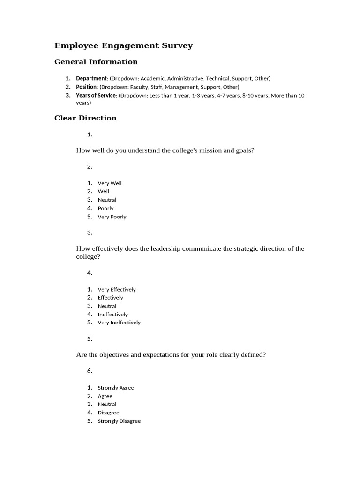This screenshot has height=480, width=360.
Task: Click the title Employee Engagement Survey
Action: click(123, 46)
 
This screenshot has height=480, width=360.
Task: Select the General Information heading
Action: click(96, 62)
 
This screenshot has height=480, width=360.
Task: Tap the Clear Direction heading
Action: click(85, 118)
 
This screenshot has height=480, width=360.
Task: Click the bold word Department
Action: click(91, 79)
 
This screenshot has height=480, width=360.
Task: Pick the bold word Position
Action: click(87, 87)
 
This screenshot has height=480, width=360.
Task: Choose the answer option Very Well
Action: click(110, 183)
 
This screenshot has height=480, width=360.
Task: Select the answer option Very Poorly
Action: click(112, 217)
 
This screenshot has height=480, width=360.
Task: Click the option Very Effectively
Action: click(117, 290)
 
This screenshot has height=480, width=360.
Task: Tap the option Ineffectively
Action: click(112, 315)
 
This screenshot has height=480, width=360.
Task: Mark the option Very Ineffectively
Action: click(119, 322)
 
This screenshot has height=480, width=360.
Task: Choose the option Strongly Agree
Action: click(116, 388)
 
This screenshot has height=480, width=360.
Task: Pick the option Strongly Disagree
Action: click(119, 421)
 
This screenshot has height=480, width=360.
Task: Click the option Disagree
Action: click(108, 413)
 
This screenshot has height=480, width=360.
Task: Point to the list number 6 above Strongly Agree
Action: click(90, 371)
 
